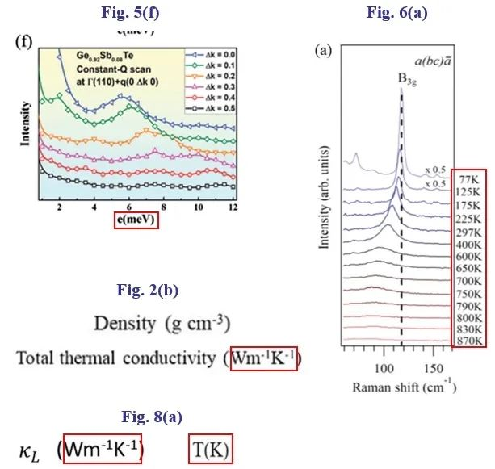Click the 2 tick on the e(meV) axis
[60, 207]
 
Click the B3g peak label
[401, 78]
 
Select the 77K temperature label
[468, 178]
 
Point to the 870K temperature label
[468, 340]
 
